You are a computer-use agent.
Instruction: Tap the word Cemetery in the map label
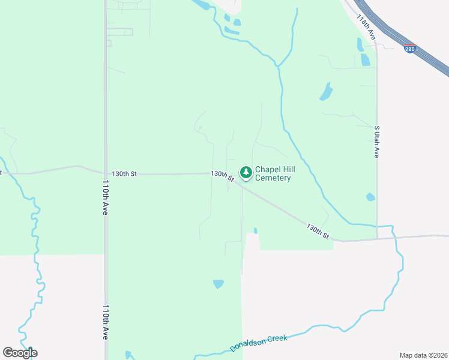point(273,178)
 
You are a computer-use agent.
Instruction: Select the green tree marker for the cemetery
point(246,173)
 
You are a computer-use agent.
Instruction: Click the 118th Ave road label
point(365,28)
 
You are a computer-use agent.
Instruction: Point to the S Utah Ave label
point(377,142)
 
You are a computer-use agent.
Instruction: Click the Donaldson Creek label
point(259,343)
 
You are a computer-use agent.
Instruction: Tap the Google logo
point(20,353)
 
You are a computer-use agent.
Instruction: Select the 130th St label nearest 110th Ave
point(124,174)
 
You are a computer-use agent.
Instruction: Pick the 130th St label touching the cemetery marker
point(222,175)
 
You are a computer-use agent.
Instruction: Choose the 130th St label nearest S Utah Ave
point(318,232)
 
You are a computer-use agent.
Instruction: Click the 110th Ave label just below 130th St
point(105,198)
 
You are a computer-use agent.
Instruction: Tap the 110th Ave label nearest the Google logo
point(105,322)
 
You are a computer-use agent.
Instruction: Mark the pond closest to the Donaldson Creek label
point(218,283)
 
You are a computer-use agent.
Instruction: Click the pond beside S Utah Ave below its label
point(370,197)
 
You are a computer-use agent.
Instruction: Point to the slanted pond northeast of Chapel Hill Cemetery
point(325,91)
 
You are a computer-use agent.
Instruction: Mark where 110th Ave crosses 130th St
point(105,174)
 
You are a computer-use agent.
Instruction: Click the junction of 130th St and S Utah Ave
point(377,239)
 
